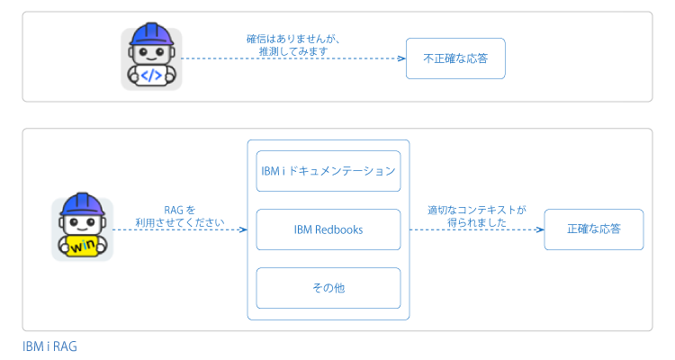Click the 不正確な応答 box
[x=455, y=58]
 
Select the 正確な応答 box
[x=594, y=229]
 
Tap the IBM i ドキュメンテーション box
[x=328, y=171]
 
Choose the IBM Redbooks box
[x=328, y=229]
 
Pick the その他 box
[x=328, y=288]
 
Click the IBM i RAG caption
[x=49, y=346]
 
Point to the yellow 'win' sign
[x=83, y=246]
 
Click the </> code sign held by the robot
[x=151, y=76]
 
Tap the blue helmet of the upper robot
[x=151, y=34]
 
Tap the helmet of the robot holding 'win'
[x=83, y=204]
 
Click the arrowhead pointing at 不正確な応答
[x=401, y=58]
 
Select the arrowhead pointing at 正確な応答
[x=540, y=229]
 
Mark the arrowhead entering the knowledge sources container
[x=243, y=229]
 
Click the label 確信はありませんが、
[x=293, y=40]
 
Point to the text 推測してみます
[x=293, y=51]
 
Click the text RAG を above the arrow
[x=180, y=210]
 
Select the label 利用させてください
[x=180, y=222]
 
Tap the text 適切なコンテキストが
[x=476, y=210]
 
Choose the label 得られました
[x=476, y=222]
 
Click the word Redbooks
[x=338, y=229]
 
